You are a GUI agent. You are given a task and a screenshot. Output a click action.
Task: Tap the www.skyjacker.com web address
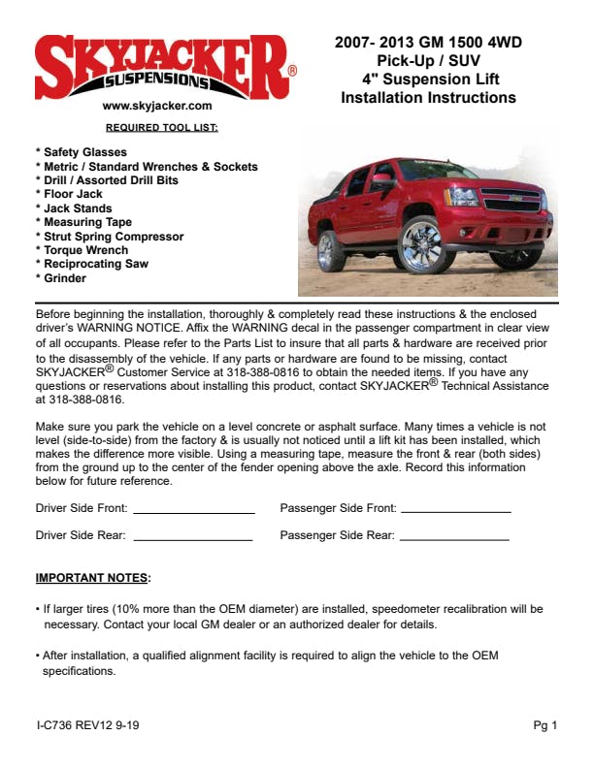point(156,106)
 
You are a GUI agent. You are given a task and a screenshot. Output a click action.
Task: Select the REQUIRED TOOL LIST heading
point(162,127)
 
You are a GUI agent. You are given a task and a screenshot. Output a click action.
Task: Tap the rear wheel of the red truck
point(330,250)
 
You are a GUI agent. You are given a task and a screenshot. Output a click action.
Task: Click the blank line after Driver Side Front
point(193,510)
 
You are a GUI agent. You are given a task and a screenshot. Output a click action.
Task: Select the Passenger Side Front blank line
point(455,510)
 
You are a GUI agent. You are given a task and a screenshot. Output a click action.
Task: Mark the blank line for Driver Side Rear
point(192,537)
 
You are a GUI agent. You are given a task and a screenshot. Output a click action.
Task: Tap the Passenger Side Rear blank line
point(454,537)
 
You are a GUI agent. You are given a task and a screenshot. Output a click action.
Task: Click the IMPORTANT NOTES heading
point(93,579)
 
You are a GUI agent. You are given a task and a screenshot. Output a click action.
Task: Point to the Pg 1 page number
point(545,725)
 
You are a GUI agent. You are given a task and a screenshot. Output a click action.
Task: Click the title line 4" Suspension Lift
point(428,78)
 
